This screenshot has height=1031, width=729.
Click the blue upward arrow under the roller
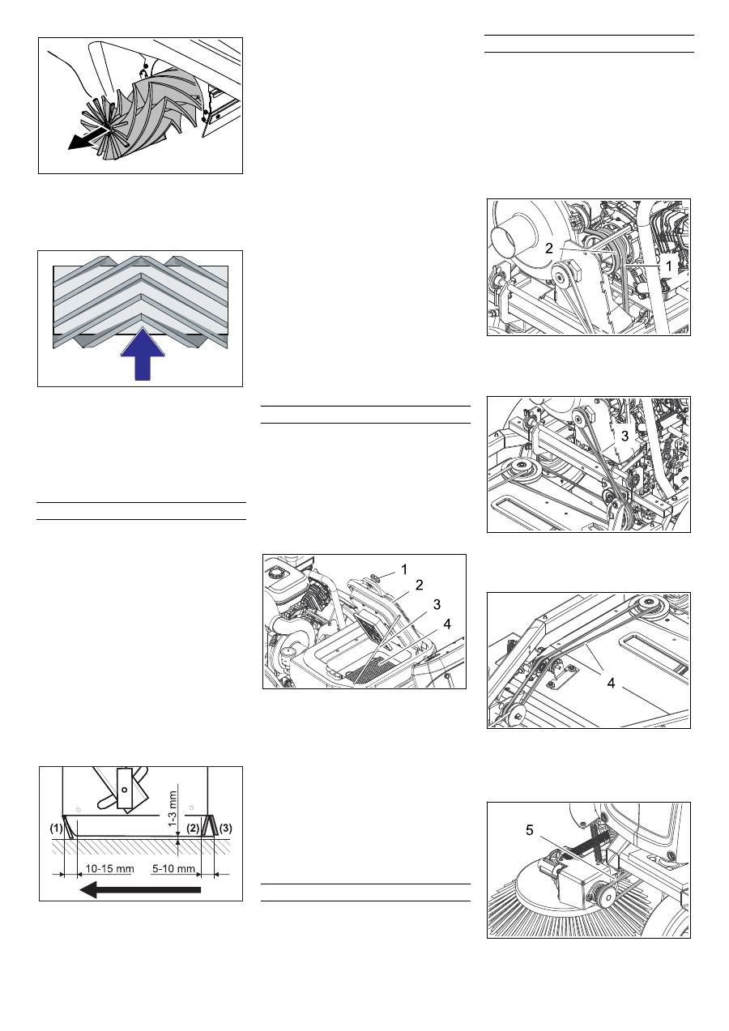[x=143, y=356]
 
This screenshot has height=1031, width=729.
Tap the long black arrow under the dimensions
[x=140, y=890]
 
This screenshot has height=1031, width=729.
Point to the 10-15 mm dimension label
[x=109, y=868]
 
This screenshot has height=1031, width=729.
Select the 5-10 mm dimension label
[x=173, y=868]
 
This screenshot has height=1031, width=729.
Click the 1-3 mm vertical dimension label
[x=173, y=808]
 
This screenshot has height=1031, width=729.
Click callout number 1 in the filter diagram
[x=404, y=570]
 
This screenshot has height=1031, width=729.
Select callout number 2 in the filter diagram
[x=420, y=585]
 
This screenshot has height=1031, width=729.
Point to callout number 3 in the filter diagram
[x=437, y=604]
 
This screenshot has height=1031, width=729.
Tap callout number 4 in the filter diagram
[x=447, y=624]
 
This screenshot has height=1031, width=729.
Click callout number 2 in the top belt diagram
[x=549, y=249]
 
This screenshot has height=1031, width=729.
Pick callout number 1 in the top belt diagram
[x=669, y=266]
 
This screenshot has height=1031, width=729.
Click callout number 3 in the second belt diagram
[x=625, y=436]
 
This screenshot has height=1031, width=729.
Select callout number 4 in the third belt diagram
[x=612, y=684]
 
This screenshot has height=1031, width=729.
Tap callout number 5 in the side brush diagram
[x=530, y=830]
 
